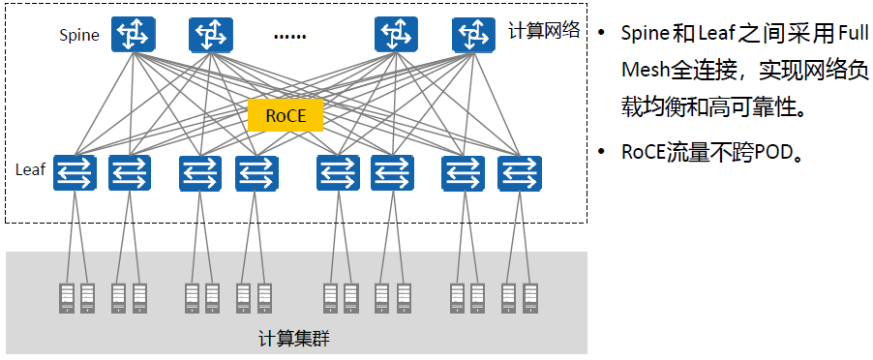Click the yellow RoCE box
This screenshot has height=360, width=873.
(286, 116)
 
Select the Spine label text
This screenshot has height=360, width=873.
(79, 36)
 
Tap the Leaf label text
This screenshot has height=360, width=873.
(31, 169)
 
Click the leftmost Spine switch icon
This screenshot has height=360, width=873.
(133, 35)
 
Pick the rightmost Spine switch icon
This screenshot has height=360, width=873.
(473, 35)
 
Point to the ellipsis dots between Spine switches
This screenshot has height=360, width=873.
(289, 38)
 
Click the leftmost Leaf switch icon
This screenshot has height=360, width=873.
(75, 173)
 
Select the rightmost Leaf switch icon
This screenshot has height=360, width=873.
(520, 173)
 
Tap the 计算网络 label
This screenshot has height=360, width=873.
(544, 30)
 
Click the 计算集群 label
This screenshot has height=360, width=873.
(294, 339)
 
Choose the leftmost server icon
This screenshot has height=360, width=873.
(67, 298)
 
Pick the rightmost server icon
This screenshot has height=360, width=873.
(529, 298)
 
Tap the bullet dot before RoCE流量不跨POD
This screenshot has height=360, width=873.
(601, 152)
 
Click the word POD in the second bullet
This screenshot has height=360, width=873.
(772, 152)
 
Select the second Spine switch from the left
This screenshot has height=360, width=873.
(210, 35)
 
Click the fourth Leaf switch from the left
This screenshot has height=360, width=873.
(256, 173)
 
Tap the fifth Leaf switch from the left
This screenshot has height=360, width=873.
(338, 173)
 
